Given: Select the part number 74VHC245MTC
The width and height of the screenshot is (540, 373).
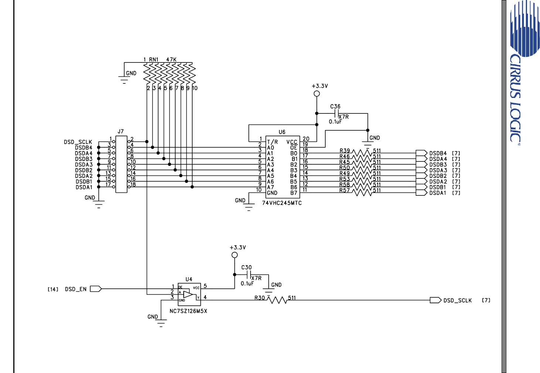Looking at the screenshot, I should point(282,203).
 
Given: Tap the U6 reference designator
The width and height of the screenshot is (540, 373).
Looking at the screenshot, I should point(282,132).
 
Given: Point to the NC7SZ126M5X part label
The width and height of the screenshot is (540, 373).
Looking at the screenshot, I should point(188,311).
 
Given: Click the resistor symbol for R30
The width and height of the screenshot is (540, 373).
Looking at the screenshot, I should point(278,300).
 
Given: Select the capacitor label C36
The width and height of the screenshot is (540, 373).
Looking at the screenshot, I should point(335,106).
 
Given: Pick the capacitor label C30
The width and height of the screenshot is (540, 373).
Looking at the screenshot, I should point(246,267).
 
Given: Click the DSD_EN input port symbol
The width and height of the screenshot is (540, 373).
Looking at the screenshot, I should point(96,289).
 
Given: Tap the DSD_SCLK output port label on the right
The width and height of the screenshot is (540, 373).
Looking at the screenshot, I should point(458,301).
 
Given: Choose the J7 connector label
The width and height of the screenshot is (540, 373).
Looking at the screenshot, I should point(120,131).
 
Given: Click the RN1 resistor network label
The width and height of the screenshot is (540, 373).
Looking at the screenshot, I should point(153,59).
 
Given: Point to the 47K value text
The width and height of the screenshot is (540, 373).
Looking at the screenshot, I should point(171,59).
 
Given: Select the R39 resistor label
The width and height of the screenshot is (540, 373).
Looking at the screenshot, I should point(344,151).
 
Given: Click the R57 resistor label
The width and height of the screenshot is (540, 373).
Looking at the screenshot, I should point(344,191).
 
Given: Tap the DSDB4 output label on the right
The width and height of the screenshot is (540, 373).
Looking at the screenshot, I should point(438,153).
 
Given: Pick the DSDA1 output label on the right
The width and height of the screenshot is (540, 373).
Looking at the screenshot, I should point(438,193).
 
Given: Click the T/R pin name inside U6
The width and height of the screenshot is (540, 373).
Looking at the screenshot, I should point(272,142).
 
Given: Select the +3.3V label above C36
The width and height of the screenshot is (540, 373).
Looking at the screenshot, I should point(320,86).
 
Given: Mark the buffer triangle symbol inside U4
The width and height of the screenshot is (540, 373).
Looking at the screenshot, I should point(188,294).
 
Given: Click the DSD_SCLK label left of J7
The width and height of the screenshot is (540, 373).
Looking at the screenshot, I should point(78,142).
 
